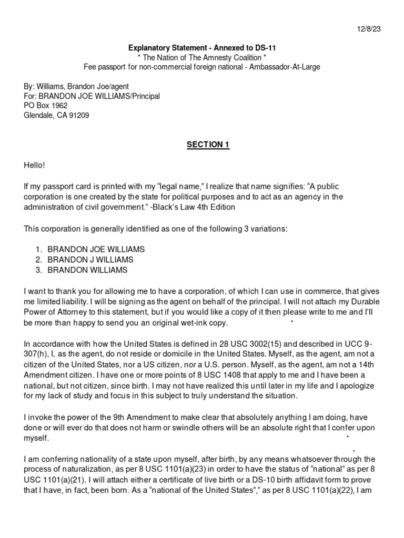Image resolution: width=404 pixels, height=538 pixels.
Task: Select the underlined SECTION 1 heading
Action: coord(208,145)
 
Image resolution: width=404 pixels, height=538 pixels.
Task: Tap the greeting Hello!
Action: coord(35,165)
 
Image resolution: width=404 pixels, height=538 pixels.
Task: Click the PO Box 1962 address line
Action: coord(46,106)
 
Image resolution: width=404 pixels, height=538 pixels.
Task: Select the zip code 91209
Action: coord(78,115)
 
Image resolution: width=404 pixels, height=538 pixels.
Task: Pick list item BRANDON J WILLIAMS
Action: coord(90,260)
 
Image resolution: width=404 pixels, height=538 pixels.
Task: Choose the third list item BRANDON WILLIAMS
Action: coord(87,270)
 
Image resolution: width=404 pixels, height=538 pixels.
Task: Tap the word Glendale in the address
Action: coord(41,115)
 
